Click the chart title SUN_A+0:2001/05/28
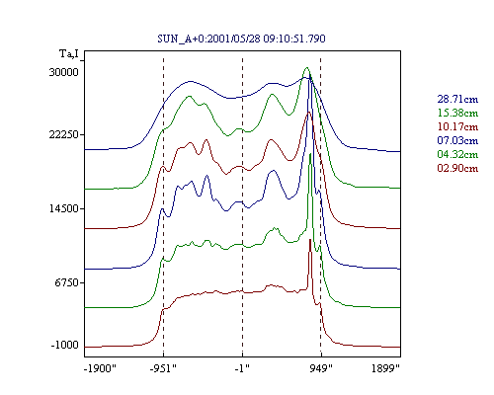coord(208,39)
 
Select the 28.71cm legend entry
coord(457,99)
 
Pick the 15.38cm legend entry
coord(457,113)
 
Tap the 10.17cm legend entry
coord(457,126)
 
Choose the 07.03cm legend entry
coord(457,140)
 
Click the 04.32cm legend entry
coord(457,154)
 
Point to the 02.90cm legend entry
coord(457,168)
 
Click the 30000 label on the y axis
coord(64,72)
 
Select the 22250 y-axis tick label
coord(64,134)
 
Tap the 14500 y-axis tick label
coord(64,208)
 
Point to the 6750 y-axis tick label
coord(66,282)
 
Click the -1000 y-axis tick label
coord(65,345)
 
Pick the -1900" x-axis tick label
coord(100,368)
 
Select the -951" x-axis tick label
coord(163,368)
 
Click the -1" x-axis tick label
coord(242,368)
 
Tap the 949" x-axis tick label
coord(321,368)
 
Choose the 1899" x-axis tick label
coord(385,368)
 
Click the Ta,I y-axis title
coord(69,53)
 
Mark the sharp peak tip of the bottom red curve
coord(310,239)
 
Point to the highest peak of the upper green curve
coord(307,67)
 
